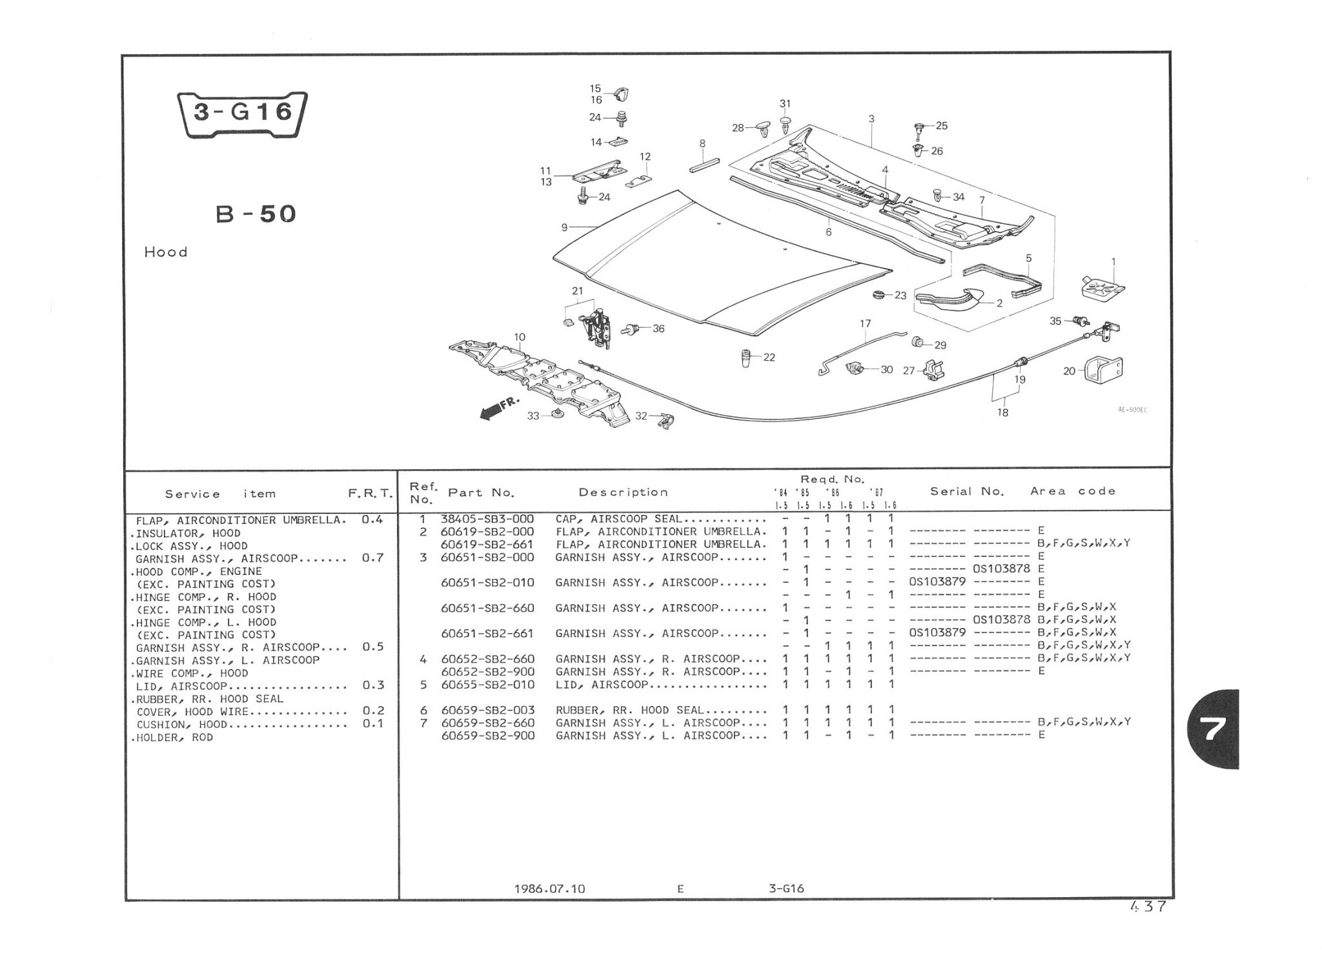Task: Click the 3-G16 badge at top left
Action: [x=242, y=114]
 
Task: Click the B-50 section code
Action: [x=256, y=214]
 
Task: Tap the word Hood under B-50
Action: [x=166, y=252]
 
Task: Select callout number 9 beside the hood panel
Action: [x=564, y=227]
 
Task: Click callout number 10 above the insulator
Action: [x=520, y=337]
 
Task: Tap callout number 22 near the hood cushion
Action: [x=769, y=358]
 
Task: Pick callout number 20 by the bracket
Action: [x=1069, y=371]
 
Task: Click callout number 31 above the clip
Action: [x=785, y=104]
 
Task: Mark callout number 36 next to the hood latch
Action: [x=658, y=329]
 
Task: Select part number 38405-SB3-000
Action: [x=487, y=519]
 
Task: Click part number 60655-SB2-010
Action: [x=487, y=685]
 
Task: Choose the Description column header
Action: [x=623, y=492]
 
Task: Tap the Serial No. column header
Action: [x=967, y=491]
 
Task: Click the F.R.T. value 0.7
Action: [x=373, y=558]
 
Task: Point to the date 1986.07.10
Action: [x=549, y=889]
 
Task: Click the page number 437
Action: [x=1148, y=907]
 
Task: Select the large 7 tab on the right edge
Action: [x=1212, y=729]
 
